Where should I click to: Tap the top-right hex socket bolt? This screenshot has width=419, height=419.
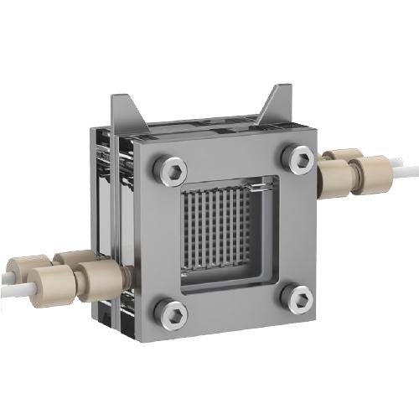[x=297, y=155]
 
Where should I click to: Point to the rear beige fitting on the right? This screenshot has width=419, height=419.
[x=344, y=157]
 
